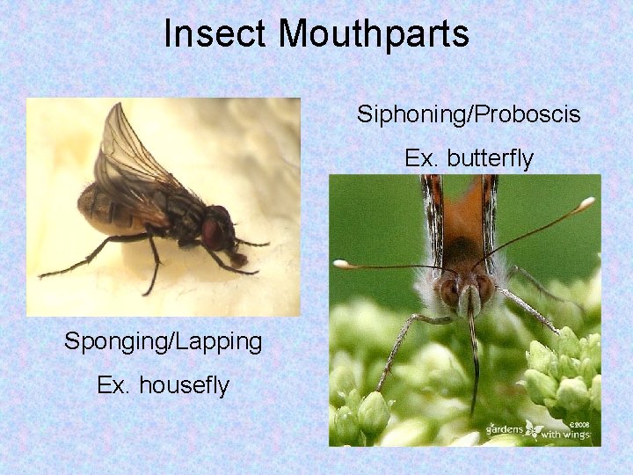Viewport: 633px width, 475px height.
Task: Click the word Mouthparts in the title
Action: click(x=375, y=34)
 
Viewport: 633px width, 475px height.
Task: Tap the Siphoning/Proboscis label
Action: click(x=469, y=113)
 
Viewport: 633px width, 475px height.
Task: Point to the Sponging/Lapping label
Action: click(x=163, y=341)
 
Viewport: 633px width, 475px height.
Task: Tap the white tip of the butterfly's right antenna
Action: click(x=586, y=202)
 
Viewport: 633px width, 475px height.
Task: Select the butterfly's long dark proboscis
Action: click(x=474, y=361)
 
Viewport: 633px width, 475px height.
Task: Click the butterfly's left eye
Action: click(x=449, y=290)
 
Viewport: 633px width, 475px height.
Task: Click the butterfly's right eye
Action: click(x=484, y=288)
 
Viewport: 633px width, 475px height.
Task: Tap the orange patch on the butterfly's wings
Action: click(x=461, y=211)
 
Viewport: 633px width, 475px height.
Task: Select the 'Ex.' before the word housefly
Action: click(x=112, y=385)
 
